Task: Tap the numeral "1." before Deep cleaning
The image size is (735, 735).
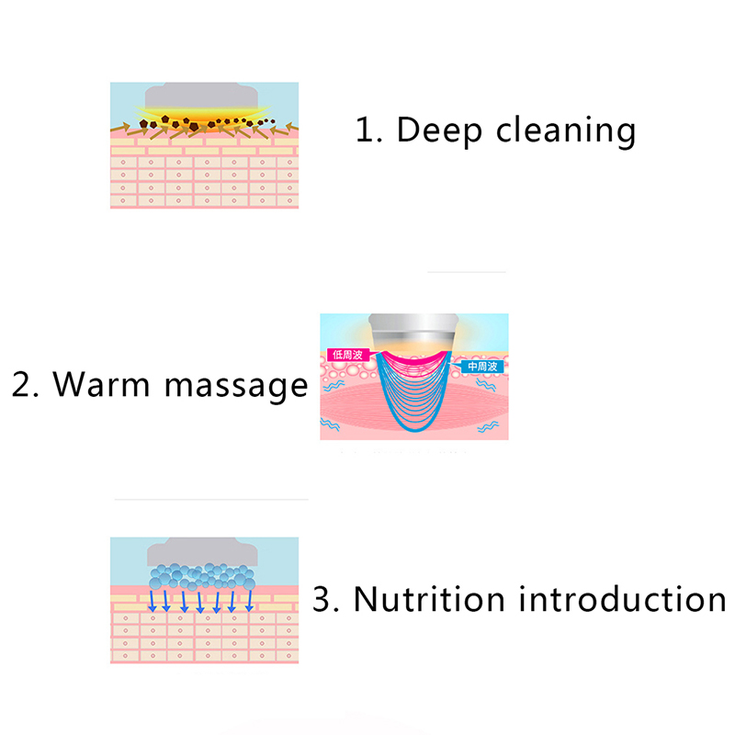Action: pyautogui.click(x=369, y=130)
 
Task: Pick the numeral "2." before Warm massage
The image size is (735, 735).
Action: pyautogui.click(x=27, y=384)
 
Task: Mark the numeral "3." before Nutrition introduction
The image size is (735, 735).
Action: pyautogui.click(x=327, y=599)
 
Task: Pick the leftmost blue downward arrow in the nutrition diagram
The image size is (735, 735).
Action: pyautogui.click(x=153, y=601)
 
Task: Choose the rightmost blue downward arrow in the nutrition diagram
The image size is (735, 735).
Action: pyautogui.click(x=249, y=601)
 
